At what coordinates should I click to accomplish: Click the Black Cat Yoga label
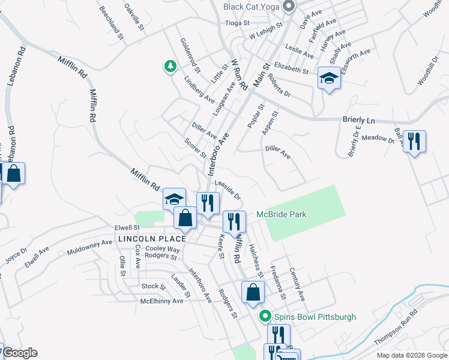coord(252,7)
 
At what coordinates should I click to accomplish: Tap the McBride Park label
coord(282,214)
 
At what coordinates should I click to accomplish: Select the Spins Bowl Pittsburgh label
coord(315,317)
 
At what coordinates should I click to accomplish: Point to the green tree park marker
coord(171,66)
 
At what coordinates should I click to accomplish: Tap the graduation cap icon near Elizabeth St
coord(329,78)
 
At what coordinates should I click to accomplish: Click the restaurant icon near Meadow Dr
coord(414,142)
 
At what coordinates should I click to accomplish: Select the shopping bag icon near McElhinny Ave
coord(253,292)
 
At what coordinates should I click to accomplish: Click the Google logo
coord(20,353)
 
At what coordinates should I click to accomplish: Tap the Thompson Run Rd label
coord(396,328)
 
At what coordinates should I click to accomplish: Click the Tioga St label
coord(237,23)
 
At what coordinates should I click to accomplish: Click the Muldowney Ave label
coord(90,246)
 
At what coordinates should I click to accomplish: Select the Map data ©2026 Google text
coord(411,355)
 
